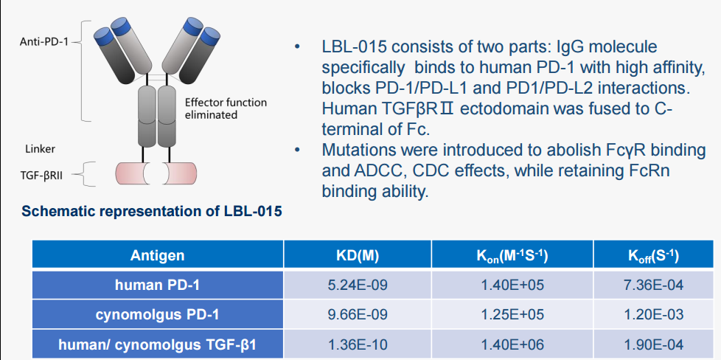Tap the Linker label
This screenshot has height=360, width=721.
point(40,149)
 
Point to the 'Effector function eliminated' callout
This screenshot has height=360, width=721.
point(226,108)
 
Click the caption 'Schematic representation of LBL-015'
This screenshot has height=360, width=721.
point(152,212)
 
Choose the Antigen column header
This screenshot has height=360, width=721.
point(158,255)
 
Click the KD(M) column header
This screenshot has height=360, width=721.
point(358,255)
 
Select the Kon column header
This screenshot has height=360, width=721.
point(512,255)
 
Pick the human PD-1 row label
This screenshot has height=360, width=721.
point(158,285)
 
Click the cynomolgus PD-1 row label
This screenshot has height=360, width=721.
point(158,315)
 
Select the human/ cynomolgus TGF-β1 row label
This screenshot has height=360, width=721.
point(158,345)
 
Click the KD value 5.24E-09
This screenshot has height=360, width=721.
point(358,285)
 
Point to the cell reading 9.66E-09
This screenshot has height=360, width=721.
point(358,315)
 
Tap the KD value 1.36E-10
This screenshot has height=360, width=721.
point(358,345)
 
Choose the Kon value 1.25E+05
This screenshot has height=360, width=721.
point(512,315)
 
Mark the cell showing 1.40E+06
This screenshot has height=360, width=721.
point(512,345)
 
